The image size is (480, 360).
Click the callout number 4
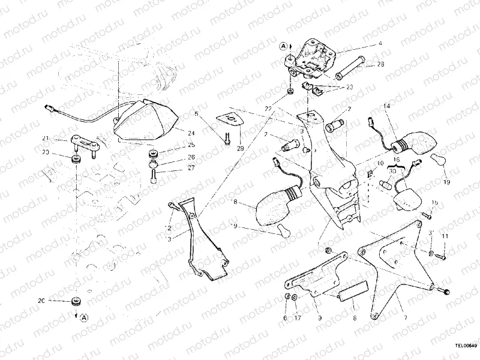[x=380, y=44]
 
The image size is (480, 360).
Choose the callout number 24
[x=191, y=133]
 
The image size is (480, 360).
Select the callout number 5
[x=196, y=113]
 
